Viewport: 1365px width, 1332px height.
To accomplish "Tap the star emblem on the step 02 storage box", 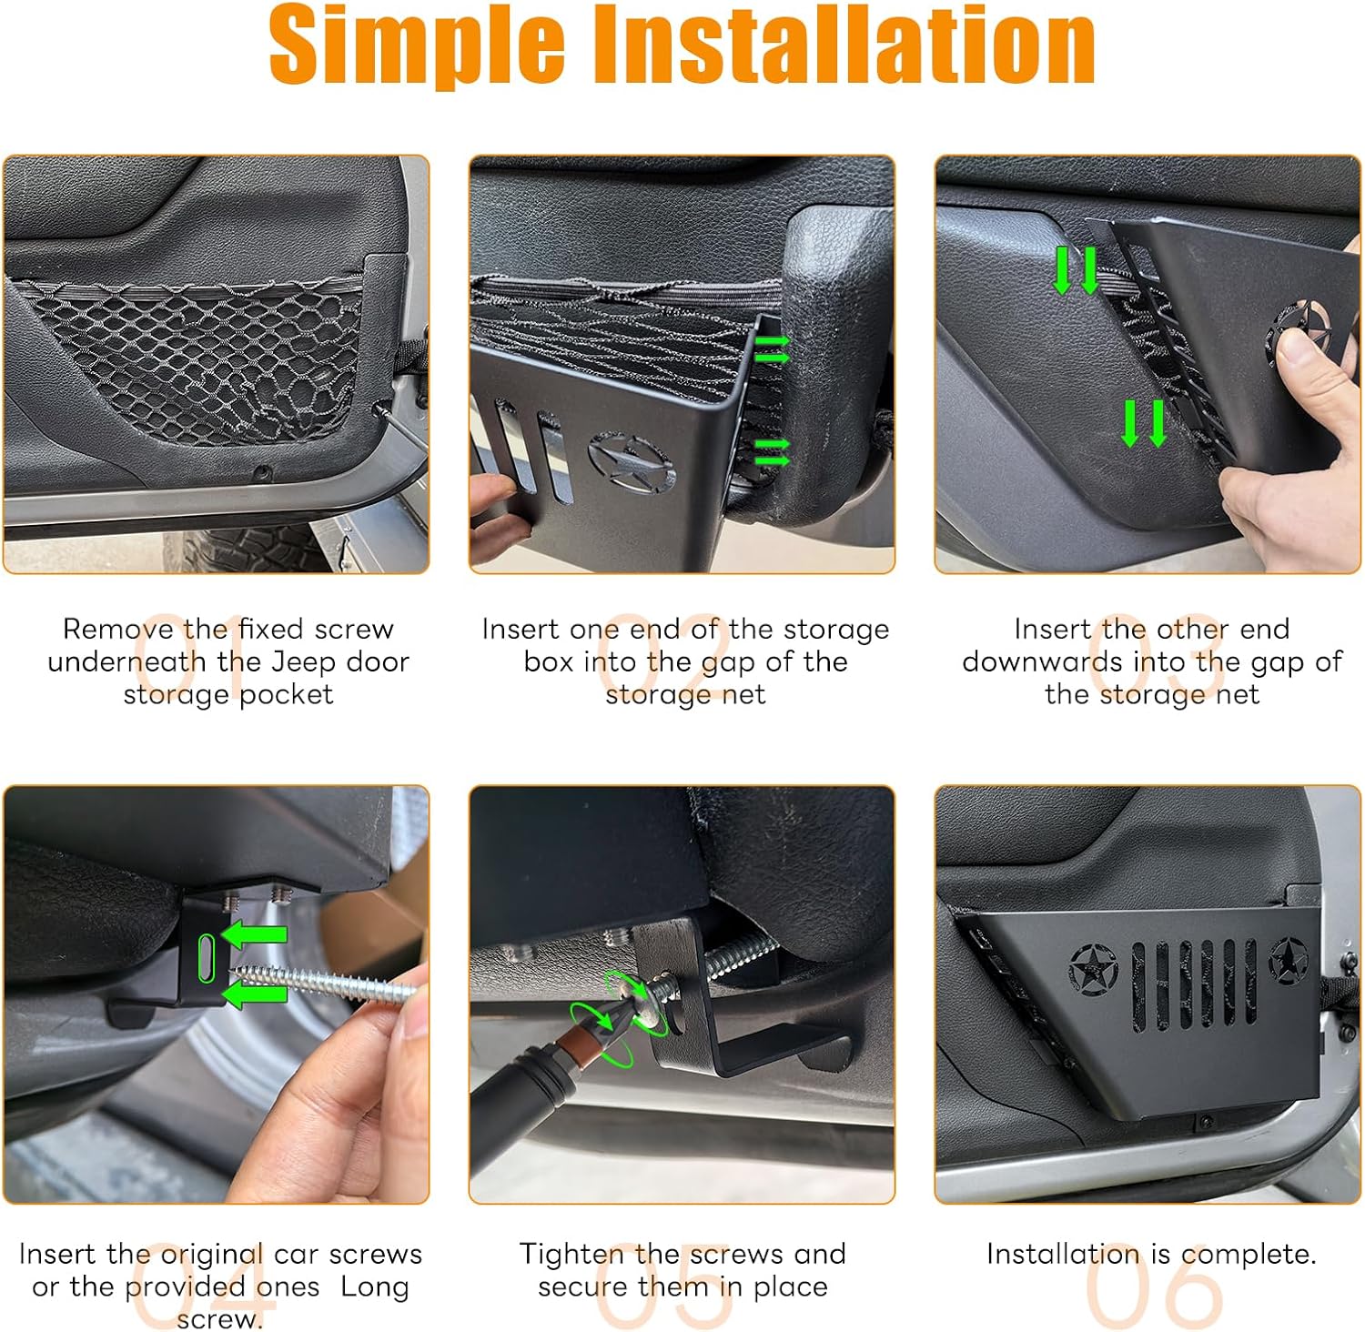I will [631, 463].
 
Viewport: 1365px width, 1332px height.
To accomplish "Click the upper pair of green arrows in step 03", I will [1076, 270].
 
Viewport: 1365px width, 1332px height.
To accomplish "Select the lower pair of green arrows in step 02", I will [772, 451].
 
